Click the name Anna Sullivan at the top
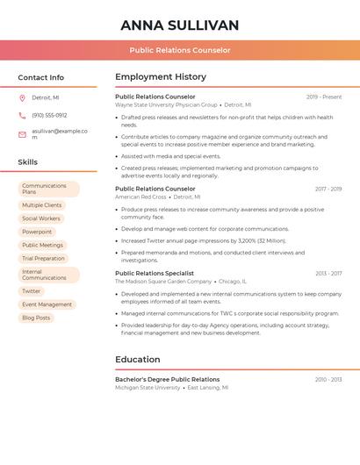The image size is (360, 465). [x=179, y=25]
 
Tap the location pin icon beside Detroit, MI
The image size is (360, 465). [x=22, y=98]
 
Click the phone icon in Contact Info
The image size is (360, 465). [x=22, y=115]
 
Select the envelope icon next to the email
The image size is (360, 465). [x=22, y=134]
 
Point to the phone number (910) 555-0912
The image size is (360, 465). [x=49, y=115]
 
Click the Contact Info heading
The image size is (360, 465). [x=40, y=77]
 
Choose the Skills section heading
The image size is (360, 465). [x=27, y=162]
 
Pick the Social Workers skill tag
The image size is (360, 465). [x=41, y=218]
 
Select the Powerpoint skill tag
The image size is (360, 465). [x=37, y=232]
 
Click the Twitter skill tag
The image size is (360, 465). [x=32, y=291]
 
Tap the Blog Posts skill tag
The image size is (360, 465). [x=36, y=318]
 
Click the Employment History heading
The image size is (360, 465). [x=161, y=77]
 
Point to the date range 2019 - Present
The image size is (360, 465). [x=324, y=97]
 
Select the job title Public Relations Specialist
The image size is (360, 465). [x=155, y=273]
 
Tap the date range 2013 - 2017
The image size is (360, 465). [x=328, y=273]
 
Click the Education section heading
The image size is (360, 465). [x=138, y=360]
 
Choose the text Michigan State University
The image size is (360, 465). [x=148, y=387]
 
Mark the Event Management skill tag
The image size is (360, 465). [x=47, y=304]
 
